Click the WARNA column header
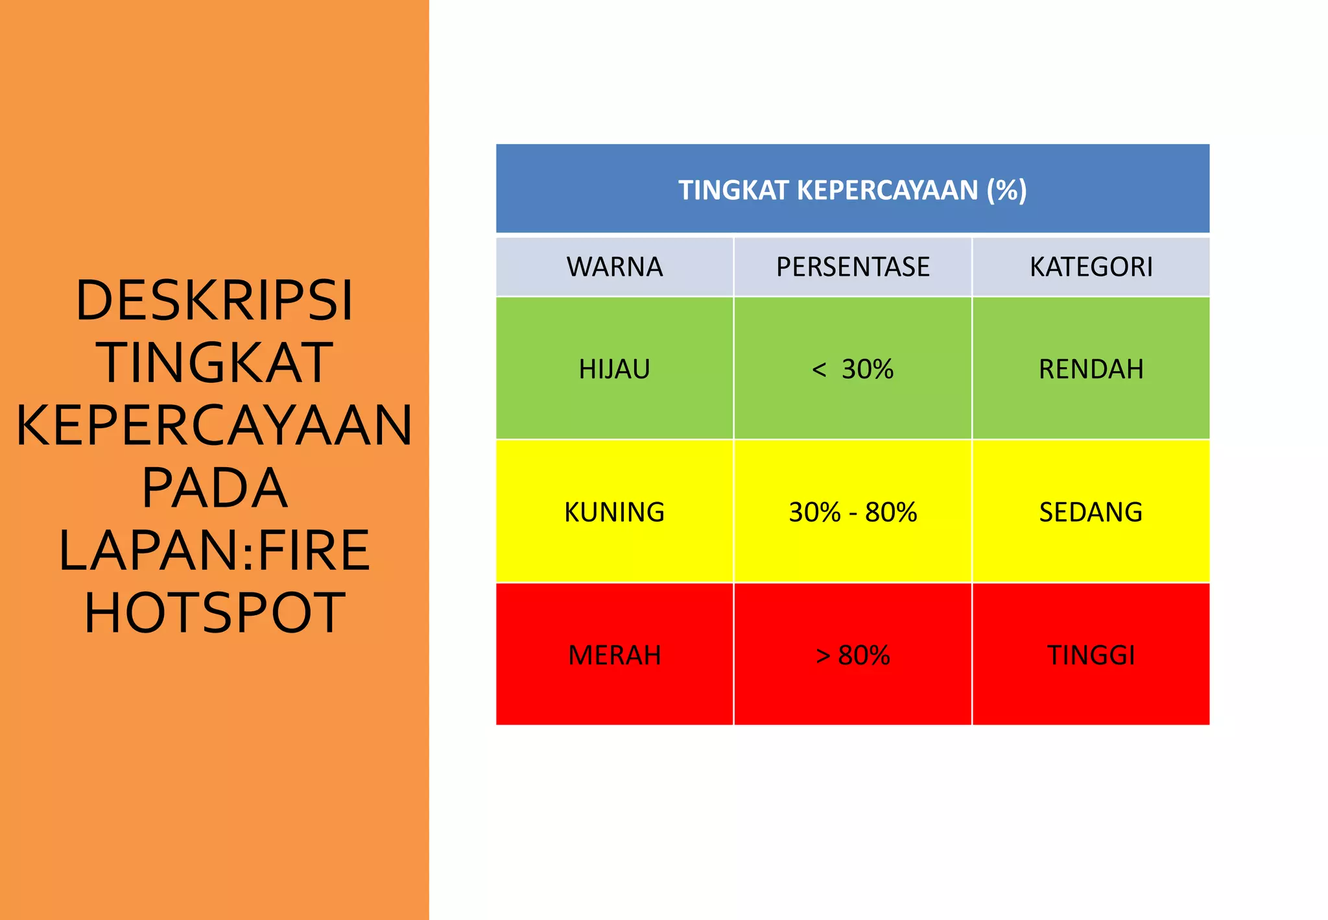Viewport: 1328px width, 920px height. [x=614, y=267]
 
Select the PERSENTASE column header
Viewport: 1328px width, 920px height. [x=853, y=267]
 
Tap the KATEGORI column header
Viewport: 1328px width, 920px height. [x=1091, y=267]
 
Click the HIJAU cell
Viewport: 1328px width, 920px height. [x=614, y=369]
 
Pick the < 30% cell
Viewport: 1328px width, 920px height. [x=853, y=369]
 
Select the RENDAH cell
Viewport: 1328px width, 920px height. [x=1091, y=369]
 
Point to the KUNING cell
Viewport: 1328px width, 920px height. [x=614, y=512]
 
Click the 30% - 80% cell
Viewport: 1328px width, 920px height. [x=853, y=512]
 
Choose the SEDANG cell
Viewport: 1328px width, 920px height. [x=1091, y=512]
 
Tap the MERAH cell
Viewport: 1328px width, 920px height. [x=614, y=655]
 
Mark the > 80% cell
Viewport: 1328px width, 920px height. [x=853, y=655]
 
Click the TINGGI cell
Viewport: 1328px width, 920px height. [x=1091, y=655]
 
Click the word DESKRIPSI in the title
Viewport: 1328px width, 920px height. [x=214, y=300]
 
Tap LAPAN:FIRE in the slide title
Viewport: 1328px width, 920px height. [x=214, y=550]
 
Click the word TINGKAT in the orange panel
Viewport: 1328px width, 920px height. [x=214, y=363]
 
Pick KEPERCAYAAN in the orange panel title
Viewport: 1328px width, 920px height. [x=214, y=425]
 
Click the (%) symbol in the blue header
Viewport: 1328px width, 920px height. [x=1006, y=190]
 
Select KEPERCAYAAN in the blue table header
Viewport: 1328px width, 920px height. [x=887, y=190]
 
